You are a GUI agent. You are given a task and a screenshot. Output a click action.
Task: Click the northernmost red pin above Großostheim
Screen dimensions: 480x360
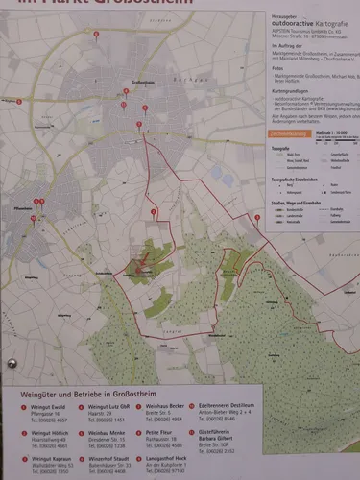click(x=96, y=35)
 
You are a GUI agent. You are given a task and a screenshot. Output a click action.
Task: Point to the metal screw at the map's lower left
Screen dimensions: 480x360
click(x=12, y=365)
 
